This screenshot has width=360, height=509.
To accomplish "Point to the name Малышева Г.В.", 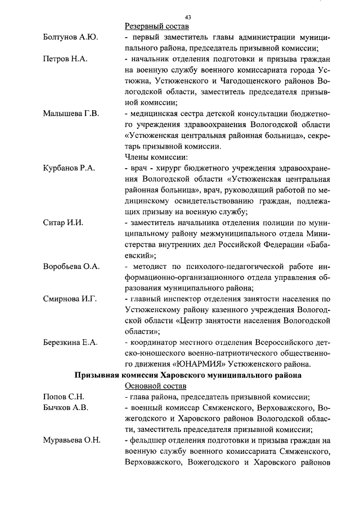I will pyautogui.click(x=71, y=114).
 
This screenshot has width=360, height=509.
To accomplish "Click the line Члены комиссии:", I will pyautogui.click(x=156, y=157).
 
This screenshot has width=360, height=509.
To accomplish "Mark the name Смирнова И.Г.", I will pyautogui.click(x=70, y=299).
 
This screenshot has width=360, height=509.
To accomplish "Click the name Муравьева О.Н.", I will pyautogui.click(x=71, y=440).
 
